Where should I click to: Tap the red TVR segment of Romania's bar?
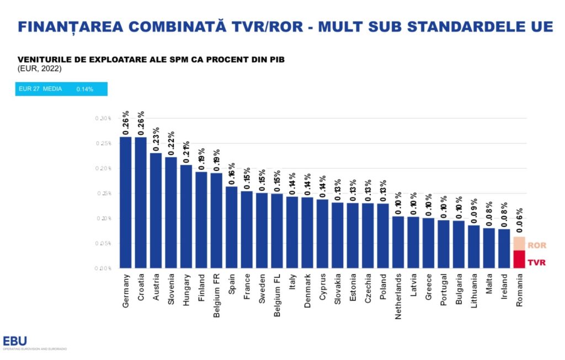tap(519, 259)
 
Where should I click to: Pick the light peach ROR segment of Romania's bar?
tap(519, 244)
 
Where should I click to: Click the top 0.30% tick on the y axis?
tap(103, 119)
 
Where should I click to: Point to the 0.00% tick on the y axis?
tap(103, 268)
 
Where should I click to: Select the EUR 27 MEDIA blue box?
tap(61, 89)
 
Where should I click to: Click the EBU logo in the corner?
tap(15, 341)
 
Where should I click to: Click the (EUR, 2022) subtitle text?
tap(39, 69)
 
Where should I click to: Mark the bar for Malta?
tap(489, 248)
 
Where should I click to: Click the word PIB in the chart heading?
tap(275, 60)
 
